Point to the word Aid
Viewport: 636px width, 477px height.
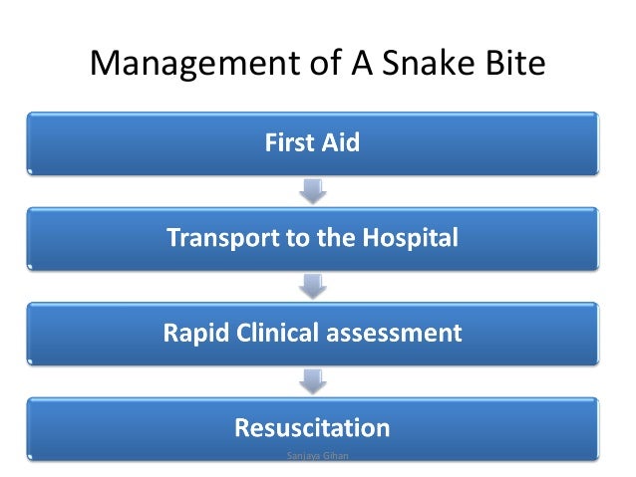pos(341,143)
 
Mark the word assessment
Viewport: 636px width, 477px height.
pos(396,334)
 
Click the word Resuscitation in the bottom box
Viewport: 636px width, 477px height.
pos(312,429)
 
